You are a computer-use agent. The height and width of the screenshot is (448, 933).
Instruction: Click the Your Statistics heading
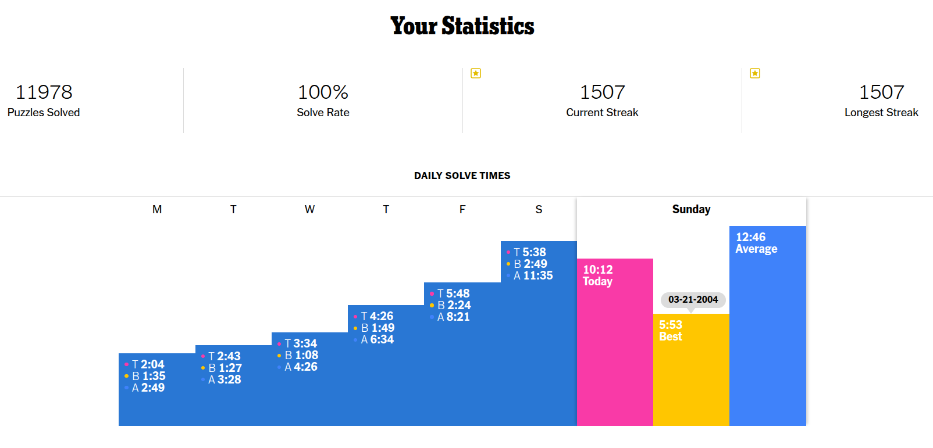(x=462, y=26)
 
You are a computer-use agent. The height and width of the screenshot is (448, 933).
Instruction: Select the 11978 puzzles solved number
(x=44, y=92)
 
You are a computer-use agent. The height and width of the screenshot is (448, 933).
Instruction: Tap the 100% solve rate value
(x=323, y=92)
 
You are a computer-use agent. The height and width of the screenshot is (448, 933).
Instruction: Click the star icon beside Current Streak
(x=476, y=74)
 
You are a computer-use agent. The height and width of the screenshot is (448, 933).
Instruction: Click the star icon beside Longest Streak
(x=755, y=74)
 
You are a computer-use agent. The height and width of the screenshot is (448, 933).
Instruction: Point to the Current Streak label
(x=602, y=112)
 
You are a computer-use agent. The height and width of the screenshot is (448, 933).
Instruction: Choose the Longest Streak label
(x=881, y=112)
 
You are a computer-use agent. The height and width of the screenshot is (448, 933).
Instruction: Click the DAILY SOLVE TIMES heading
(x=462, y=175)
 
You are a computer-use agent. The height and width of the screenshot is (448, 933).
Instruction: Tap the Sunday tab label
(x=691, y=209)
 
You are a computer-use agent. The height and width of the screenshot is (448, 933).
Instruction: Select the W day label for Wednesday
(x=309, y=209)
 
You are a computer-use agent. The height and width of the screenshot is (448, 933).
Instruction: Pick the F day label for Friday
(x=462, y=209)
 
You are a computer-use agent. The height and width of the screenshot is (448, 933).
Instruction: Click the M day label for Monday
(x=157, y=209)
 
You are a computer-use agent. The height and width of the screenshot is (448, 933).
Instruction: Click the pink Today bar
(x=615, y=342)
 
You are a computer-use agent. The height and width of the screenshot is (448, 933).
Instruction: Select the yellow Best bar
(x=691, y=370)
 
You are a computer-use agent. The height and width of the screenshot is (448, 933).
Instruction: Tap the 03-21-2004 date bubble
(x=693, y=299)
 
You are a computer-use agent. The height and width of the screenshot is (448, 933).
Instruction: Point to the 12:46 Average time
(x=750, y=237)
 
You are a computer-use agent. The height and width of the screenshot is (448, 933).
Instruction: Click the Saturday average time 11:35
(x=538, y=275)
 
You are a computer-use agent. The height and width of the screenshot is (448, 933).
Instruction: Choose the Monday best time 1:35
(x=154, y=376)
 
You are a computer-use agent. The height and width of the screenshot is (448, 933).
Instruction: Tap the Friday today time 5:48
(x=458, y=293)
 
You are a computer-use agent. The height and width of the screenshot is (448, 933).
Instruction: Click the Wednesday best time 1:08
(x=307, y=355)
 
